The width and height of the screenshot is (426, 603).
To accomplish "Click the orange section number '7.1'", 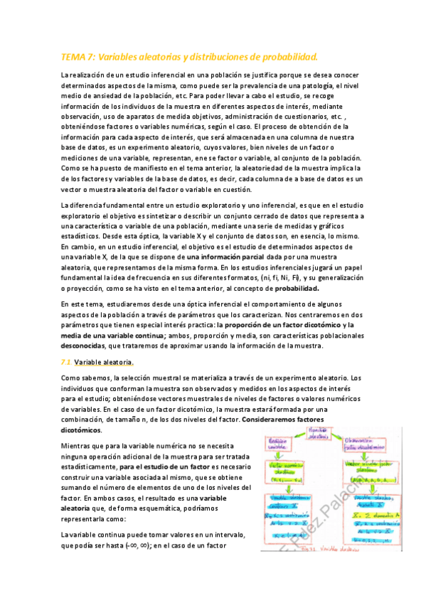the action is point(65,363).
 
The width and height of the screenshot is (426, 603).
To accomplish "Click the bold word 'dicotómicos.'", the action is point(82,430).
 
